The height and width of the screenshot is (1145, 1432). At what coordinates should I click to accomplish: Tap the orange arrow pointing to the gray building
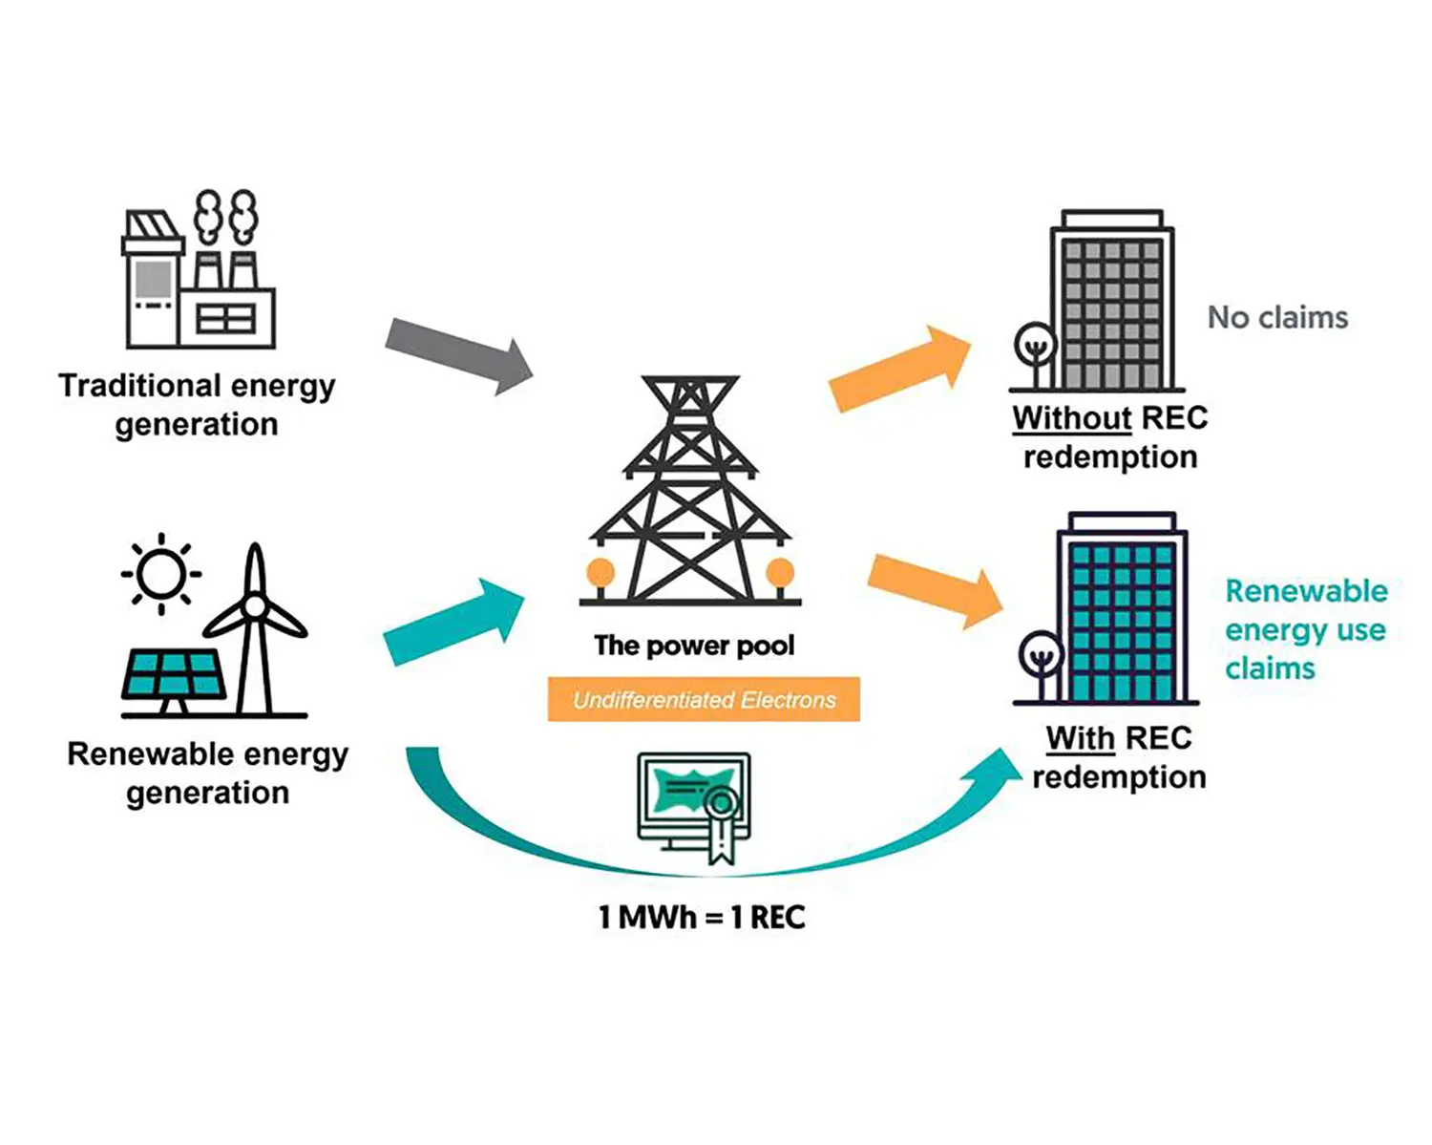click(x=898, y=369)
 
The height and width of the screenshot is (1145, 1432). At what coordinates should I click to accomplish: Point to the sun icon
click(x=160, y=574)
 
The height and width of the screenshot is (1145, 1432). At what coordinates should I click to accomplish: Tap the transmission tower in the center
click(x=690, y=492)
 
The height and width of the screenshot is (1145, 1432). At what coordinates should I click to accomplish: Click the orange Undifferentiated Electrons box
click(x=704, y=699)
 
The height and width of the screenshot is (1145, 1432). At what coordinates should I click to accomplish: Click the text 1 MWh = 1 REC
click(x=702, y=918)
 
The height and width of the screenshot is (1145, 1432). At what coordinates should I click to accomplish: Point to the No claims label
click(x=1277, y=317)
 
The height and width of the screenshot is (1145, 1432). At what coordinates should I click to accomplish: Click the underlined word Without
click(x=1072, y=418)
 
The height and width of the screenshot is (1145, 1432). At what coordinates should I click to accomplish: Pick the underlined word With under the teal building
click(x=1080, y=738)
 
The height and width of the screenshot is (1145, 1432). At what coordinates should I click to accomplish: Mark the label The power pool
click(x=694, y=646)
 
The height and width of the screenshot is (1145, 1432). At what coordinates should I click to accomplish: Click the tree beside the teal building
click(x=1040, y=659)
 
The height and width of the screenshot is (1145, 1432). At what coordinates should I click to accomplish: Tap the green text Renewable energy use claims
click(x=1305, y=629)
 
